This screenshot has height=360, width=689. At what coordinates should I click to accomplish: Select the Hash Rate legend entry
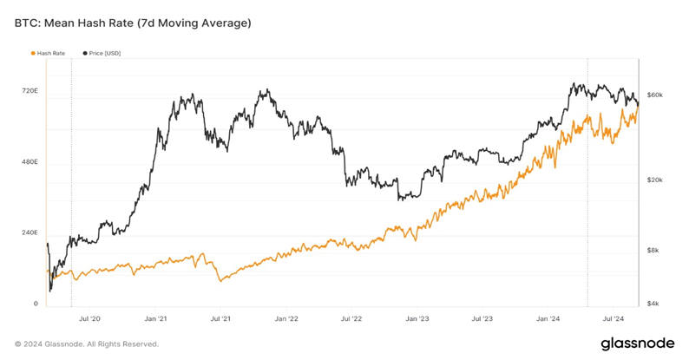[x=50, y=54]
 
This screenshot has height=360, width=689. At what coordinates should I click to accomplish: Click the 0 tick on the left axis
[x=36, y=304]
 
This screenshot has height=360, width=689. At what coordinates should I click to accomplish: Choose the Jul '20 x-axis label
[x=90, y=319]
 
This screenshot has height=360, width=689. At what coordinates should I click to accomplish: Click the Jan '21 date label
[x=156, y=319]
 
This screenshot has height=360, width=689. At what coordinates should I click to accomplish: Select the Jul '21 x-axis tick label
[x=220, y=319]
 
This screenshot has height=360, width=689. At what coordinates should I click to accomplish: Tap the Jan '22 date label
[x=286, y=319]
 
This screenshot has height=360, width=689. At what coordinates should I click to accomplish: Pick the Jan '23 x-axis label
[x=417, y=319]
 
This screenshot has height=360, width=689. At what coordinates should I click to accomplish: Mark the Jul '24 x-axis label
[x=614, y=319]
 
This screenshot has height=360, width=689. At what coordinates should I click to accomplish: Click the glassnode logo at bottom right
[x=637, y=344]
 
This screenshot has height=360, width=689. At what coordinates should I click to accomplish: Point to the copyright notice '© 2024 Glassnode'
[x=86, y=344]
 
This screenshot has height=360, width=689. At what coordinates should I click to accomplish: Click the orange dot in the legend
[x=33, y=54]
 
